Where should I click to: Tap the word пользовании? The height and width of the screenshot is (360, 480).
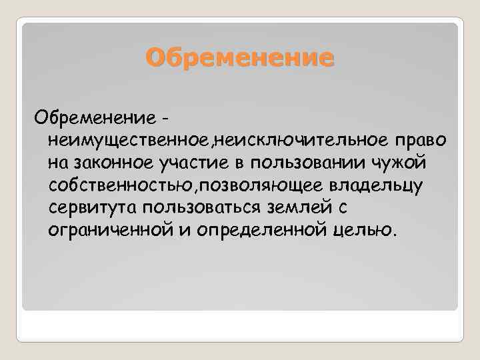326,162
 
